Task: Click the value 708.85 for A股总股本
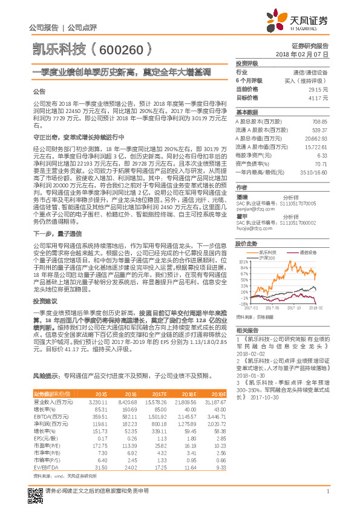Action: pyautogui.click(x=319, y=122)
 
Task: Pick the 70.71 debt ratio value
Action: pyautogui.click(x=321, y=163)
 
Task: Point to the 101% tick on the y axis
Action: pyautogui.click(x=243, y=262)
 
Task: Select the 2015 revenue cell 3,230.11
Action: pyautogui.click(x=98, y=402)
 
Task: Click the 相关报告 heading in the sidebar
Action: pyautogui.click(x=246, y=330)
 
